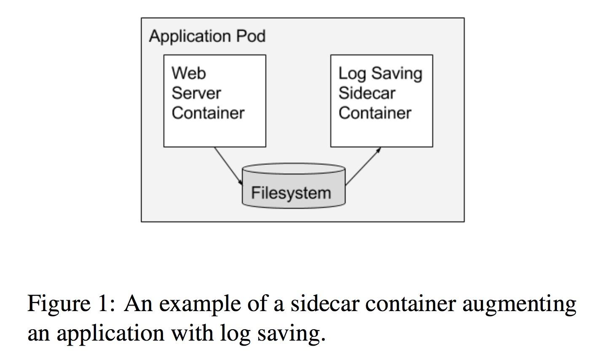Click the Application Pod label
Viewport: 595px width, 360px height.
pos(207,36)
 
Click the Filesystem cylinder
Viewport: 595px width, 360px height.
pos(293,186)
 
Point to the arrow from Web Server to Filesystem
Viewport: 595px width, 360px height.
pos(228,166)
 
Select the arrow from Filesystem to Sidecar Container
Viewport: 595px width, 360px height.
pos(362,167)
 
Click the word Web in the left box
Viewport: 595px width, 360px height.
pos(189,73)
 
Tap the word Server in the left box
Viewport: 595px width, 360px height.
pos(196,93)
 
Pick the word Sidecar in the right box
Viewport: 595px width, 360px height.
pos(367,93)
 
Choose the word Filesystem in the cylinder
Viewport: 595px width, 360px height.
pos(291,193)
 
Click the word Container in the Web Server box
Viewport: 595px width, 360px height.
pos(208,113)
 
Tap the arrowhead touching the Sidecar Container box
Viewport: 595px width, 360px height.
pos(379,149)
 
